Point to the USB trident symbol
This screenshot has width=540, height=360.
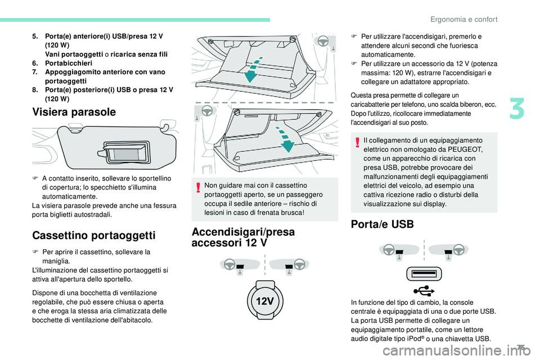coord(424,290)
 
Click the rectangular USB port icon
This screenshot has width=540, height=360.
coord(424,274)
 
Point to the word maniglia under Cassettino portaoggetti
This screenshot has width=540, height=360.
coord(56,262)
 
